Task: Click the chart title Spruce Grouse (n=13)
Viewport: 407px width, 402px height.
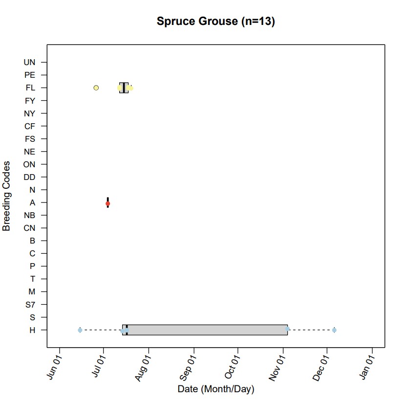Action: pos(215,22)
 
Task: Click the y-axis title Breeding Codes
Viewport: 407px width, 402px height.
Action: pos(7,196)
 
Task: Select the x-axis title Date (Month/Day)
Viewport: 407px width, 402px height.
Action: pos(215,389)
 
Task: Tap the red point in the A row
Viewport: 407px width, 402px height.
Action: pos(108,203)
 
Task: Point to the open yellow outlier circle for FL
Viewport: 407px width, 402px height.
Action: pos(96,88)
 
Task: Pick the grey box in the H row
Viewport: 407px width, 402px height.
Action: pos(205,330)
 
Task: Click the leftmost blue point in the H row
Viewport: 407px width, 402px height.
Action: pos(80,330)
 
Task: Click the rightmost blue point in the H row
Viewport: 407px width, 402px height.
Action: pos(334,330)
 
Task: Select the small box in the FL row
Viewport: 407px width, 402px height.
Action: pos(124,88)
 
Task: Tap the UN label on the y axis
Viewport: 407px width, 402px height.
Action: pos(29,63)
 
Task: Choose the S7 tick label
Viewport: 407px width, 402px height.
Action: pos(30,305)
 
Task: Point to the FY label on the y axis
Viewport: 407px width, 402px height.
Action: pos(30,101)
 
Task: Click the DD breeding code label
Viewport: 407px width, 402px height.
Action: pos(29,177)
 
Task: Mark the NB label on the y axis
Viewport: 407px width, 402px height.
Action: pos(29,215)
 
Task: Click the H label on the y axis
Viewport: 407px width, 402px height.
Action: pos(32,330)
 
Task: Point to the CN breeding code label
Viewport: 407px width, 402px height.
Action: pos(29,228)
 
